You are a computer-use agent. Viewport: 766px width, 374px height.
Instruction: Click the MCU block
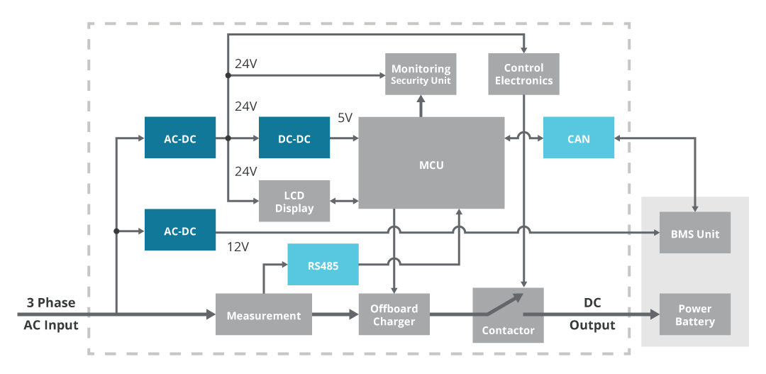click(x=431, y=163)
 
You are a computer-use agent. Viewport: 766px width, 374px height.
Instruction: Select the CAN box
click(x=578, y=138)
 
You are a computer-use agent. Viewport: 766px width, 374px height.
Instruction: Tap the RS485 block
click(x=323, y=265)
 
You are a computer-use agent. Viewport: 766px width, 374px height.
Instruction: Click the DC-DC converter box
click(x=294, y=138)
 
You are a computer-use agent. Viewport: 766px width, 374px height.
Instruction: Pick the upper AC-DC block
click(x=179, y=138)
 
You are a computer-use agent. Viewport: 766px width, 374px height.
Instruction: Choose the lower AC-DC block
click(x=179, y=230)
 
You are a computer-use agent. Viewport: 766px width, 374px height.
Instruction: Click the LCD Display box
click(x=294, y=202)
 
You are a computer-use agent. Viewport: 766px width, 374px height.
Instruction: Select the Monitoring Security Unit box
click(x=421, y=74)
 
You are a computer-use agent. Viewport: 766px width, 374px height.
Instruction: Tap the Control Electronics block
click(x=523, y=74)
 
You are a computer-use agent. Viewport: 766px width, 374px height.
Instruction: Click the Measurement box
click(x=264, y=314)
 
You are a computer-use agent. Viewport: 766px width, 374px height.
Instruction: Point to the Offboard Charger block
click(x=394, y=314)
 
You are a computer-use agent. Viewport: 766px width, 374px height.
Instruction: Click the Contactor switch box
click(x=508, y=314)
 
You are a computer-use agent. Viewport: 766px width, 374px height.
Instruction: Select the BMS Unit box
click(x=695, y=233)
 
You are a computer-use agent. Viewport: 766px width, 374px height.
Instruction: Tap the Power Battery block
click(x=695, y=314)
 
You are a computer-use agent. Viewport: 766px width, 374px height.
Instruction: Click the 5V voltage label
click(x=345, y=118)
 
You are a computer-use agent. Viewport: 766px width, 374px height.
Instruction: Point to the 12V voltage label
click(x=238, y=248)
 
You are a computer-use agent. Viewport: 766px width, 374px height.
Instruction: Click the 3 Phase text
click(x=50, y=302)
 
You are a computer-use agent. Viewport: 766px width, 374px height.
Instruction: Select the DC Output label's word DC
click(x=592, y=302)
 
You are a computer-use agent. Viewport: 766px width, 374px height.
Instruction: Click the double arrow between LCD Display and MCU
click(x=344, y=202)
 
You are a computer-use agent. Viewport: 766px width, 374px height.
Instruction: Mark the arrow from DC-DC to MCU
click(x=344, y=138)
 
